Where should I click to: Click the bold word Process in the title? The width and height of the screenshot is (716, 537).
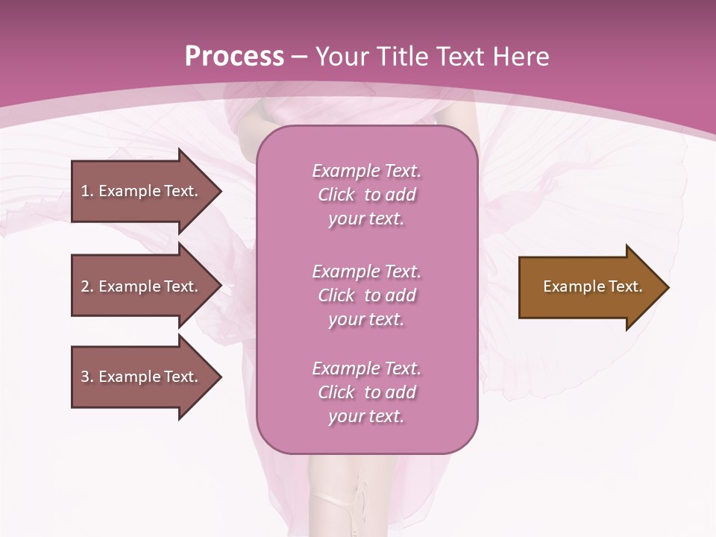(234, 57)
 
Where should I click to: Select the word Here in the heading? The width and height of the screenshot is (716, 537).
(519, 57)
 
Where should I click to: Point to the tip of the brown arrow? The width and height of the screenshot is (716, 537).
(667, 287)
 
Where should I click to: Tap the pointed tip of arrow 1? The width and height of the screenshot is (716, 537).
(219, 191)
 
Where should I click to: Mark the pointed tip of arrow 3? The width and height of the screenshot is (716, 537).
(219, 377)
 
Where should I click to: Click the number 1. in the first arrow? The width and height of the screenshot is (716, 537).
(87, 191)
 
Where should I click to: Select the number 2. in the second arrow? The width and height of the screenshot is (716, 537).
(87, 286)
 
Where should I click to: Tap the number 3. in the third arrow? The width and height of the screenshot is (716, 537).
(87, 377)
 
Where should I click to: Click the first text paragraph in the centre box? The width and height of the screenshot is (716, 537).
(366, 195)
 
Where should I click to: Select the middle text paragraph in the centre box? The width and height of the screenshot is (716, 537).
(366, 295)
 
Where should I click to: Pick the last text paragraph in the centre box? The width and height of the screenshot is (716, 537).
(366, 392)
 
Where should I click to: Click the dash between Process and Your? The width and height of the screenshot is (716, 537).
(300, 57)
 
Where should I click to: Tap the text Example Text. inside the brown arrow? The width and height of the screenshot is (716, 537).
(592, 286)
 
